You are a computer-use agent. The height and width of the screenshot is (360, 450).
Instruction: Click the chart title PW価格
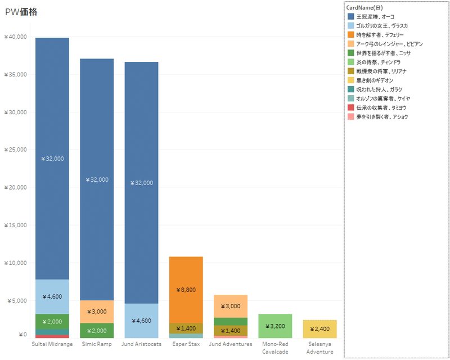coord(21,12)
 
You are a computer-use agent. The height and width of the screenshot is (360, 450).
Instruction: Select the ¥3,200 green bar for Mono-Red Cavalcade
coord(274,326)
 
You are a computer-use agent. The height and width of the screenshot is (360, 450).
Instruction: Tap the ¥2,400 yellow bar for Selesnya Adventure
coord(319,328)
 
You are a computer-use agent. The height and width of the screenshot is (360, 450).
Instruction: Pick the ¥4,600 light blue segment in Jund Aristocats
coord(141,321)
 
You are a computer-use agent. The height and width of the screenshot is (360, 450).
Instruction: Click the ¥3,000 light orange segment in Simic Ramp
coord(97,312)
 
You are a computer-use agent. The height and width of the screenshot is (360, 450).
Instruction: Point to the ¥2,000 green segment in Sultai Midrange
coord(52,321)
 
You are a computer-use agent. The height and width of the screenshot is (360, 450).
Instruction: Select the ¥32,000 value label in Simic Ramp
coord(97,180)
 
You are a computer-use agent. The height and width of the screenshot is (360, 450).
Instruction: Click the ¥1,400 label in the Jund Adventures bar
coord(230,331)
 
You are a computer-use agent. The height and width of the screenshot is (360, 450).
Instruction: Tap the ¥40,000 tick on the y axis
coord(15,37)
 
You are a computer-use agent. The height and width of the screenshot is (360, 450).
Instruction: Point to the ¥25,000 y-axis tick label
coord(15,150)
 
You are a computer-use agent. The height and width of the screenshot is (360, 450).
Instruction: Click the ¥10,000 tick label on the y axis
coord(15,263)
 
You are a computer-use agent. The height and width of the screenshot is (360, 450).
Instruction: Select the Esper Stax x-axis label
coord(186,344)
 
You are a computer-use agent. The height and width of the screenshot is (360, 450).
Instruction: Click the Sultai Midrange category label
coord(52,344)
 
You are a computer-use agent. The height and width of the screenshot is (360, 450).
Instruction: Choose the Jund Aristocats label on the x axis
coord(141,344)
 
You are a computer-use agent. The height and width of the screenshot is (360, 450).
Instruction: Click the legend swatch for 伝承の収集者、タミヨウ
coord(350,107)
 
